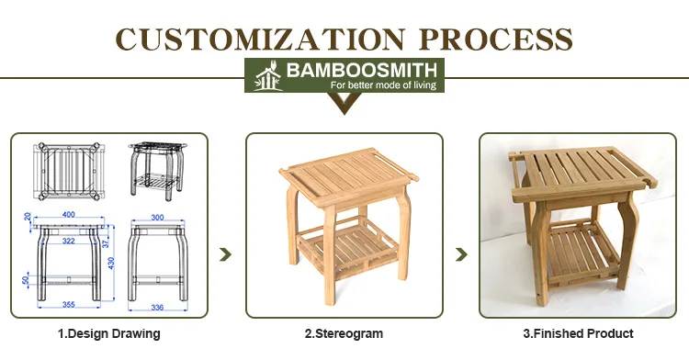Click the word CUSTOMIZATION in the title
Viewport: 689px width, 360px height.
click(x=260, y=39)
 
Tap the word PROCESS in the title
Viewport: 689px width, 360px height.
click(x=496, y=39)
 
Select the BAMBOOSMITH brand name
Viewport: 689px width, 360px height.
click(x=362, y=70)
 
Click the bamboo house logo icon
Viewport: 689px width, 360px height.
click(x=268, y=75)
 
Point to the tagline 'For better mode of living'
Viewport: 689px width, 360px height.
click(x=383, y=84)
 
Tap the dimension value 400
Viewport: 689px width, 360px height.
click(x=69, y=214)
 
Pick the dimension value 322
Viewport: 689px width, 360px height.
click(x=69, y=241)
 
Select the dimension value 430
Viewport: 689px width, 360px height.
click(x=111, y=263)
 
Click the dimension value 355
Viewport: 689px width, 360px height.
click(x=69, y=304)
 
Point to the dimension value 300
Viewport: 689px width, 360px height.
click(x=157, y=218)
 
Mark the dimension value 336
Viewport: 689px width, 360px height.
click(x=157, y=308)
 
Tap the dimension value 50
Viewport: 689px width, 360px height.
click(x=26, y=279)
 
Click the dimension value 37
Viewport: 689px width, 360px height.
click(x=106, y=242)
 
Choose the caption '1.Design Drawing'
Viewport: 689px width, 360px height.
click(x=109, y=333)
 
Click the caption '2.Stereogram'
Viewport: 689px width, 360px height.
click(x=344, y=333)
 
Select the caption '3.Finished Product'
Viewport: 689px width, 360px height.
click(x=578, y=333)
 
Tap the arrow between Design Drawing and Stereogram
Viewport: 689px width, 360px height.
click(x=225, y=254)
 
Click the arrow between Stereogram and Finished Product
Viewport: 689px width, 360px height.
click(x=461, y=254)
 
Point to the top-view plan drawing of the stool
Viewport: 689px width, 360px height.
click(x=69, y=171)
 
